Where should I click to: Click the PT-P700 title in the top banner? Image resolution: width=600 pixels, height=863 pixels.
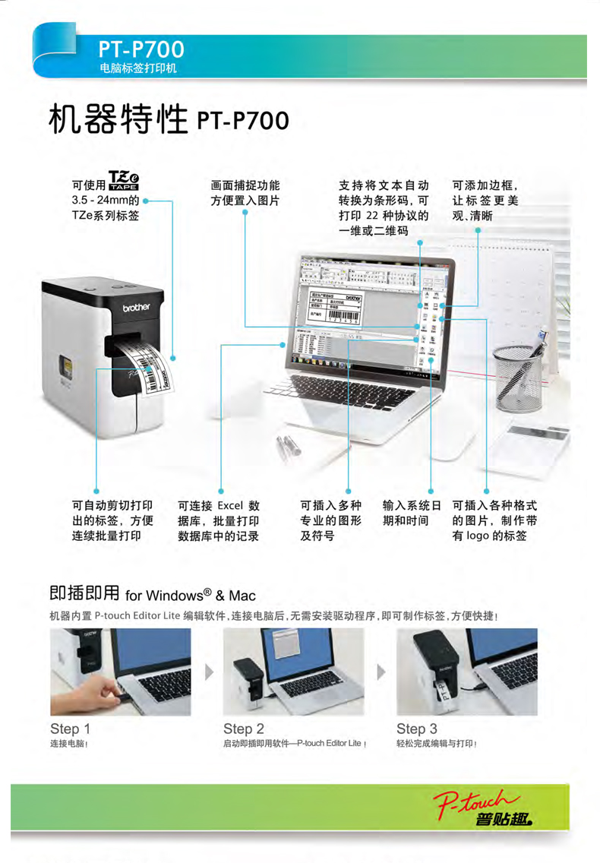(x=141, y=49)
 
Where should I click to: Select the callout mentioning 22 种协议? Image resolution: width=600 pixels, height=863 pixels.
(x=384, y=216)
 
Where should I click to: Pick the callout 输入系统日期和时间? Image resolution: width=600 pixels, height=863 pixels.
(x=411, y=513)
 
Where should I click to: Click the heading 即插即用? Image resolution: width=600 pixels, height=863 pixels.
(x=84, y=593)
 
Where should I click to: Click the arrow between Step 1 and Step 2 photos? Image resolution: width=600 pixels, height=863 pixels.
(x=209, y=672)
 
